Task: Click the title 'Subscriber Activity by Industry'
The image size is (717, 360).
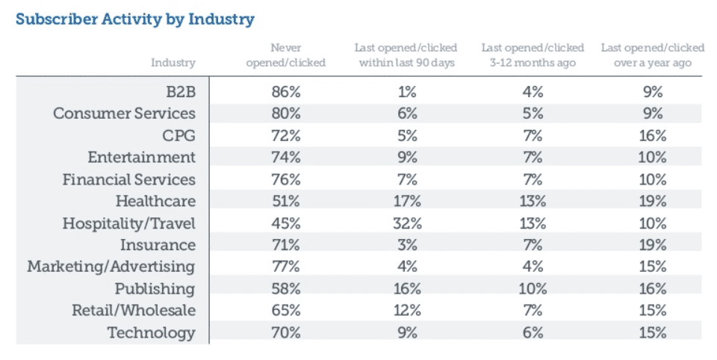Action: point(134,19)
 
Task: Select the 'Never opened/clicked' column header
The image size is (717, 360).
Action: point(285,55)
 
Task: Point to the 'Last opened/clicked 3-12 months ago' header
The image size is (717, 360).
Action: point(533,55)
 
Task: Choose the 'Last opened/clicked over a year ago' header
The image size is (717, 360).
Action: point(652,55)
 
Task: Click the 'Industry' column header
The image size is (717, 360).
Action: point(173,63)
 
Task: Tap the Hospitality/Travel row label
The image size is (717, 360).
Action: point(128,223)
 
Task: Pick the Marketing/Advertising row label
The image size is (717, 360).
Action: point(111,267)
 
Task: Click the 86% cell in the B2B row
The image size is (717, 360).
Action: point(286,92)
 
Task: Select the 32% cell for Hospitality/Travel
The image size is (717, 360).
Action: point(407,223)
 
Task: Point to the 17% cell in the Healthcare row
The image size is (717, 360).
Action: point(407,201)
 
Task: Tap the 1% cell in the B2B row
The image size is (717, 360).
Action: point(407,92)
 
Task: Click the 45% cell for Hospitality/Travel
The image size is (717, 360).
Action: point(286,223)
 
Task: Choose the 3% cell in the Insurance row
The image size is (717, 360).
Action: point(407,245)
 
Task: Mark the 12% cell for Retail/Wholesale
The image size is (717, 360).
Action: point(407,311)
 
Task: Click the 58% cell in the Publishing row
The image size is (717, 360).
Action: point(286,289)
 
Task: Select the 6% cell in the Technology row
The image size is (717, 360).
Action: point(533,333)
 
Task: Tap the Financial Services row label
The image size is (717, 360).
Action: point(128,179)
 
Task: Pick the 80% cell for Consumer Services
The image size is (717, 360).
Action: point(286,114)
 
